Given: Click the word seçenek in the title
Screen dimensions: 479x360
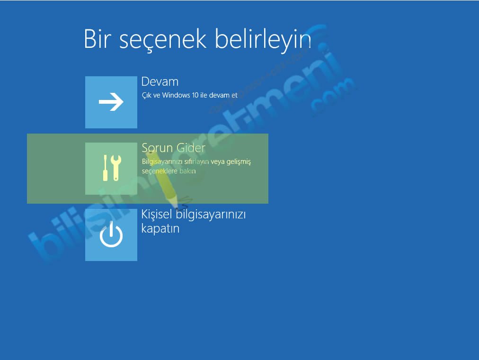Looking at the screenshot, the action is coord(163,40).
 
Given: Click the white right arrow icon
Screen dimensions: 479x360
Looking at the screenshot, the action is coord(111,102).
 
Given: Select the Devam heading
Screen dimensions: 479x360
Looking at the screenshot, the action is coord(160,81).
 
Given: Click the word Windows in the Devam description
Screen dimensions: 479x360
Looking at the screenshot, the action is coord(176,95).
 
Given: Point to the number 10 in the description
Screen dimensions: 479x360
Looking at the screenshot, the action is coord(195,95).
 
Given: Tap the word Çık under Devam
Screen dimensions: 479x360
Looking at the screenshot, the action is coord(146,95).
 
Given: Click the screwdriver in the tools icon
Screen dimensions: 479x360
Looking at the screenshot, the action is coord(105,168).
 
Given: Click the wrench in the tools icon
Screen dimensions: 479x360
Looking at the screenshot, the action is coord(116,168).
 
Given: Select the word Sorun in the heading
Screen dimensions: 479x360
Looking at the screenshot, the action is coord(157,148).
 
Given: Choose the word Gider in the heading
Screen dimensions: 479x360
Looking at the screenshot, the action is coord(191,148).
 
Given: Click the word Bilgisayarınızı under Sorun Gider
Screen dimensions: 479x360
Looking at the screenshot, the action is coord(162,162).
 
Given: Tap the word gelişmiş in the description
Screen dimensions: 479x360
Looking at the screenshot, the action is coord(239,162).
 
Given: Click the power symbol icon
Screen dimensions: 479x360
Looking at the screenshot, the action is coord(111,234).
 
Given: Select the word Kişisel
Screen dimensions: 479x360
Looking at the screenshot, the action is coord(157,214).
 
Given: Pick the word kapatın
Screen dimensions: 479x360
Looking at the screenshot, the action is coord(160,229).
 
